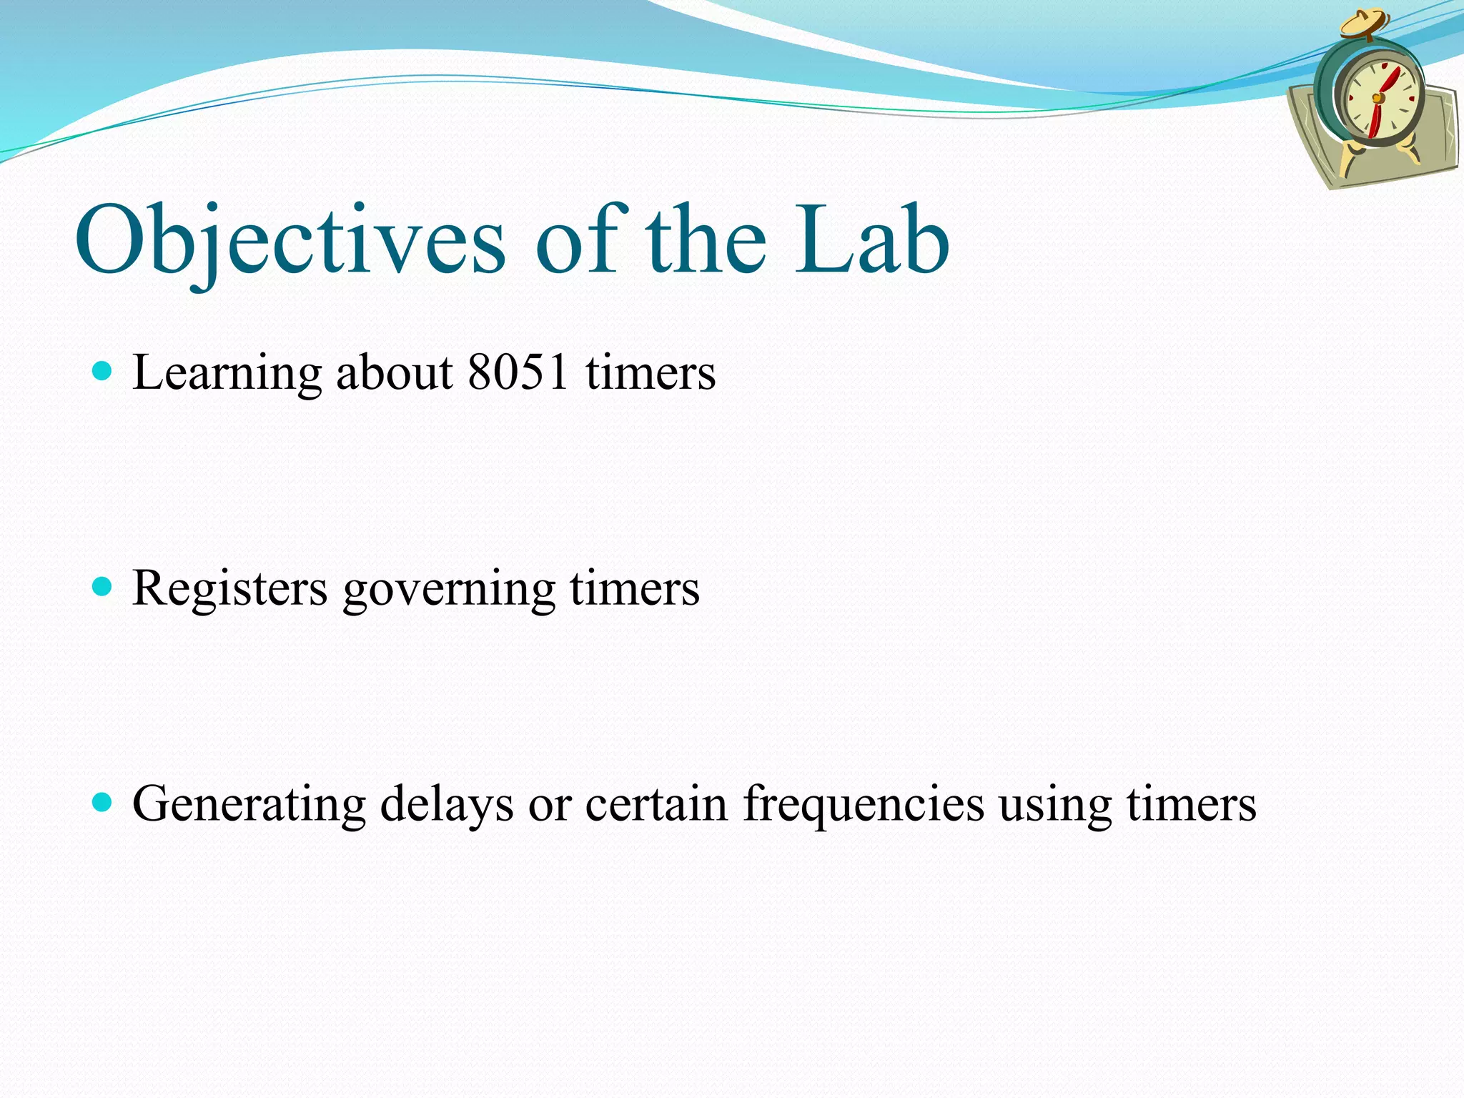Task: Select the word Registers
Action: click(x=229, y=588)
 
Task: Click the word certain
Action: click(x=656, y=803)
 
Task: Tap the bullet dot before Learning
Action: click(x=103, y=371)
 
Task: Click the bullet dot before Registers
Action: click(x=103, y=587)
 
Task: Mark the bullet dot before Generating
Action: click(x=103, y=802)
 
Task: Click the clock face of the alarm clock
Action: click(x=1380, y=100)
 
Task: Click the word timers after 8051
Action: click(x=651, y=373)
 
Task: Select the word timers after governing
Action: click(x=635, y=588)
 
